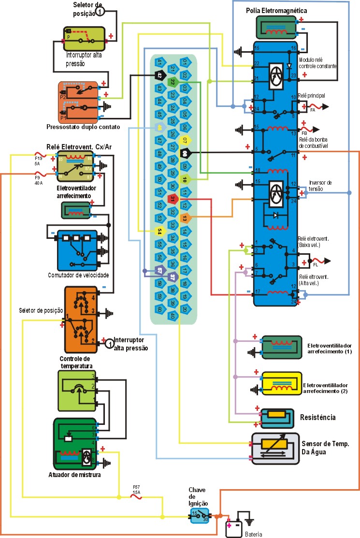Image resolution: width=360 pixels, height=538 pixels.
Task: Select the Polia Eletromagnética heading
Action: (x=276, y=10)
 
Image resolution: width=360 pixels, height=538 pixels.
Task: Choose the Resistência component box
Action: (x=277, y=417)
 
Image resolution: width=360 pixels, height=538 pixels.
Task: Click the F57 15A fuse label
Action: (x=137, y=490)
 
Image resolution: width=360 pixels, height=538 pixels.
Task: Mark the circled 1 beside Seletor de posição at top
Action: (x=99, y=11)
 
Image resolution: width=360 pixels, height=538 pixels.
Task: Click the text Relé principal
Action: (x=311, y=96)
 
